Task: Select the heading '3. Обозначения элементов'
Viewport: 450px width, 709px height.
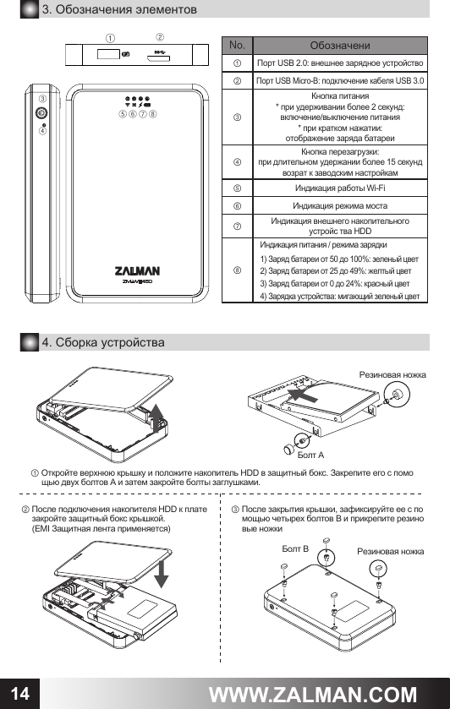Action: click(x=120, y=10)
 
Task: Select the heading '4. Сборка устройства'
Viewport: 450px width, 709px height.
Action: click(x=103, y=341)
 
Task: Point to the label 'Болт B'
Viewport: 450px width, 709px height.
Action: click(x=295, y=549)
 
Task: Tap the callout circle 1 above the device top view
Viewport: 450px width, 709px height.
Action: click(x=111, y=38)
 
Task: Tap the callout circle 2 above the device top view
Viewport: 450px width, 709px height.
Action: click(x=161, y=36)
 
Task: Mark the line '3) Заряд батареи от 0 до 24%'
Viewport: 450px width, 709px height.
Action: click(x=335, y=283)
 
